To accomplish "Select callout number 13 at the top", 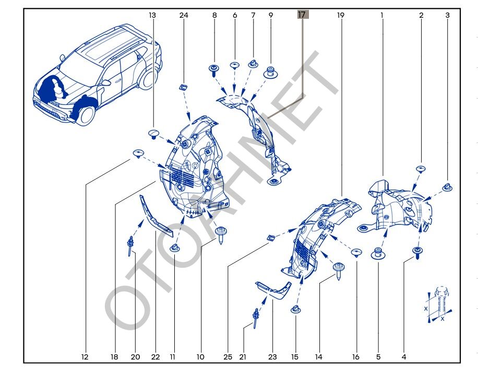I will (152, 16).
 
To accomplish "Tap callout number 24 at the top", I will (184, 16).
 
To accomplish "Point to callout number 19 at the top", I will (341, 16).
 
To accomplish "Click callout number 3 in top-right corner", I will (447, 16).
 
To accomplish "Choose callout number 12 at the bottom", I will (85, 357).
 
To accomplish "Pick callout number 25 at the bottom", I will (228, 357).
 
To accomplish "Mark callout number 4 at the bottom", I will (403, 357).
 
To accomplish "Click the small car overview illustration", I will (97, 76).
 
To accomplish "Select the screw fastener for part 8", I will (214, 70).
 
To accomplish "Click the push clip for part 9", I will (271, 71).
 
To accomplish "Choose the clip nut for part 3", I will (447, 187).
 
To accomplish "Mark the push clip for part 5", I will (377, 255).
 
